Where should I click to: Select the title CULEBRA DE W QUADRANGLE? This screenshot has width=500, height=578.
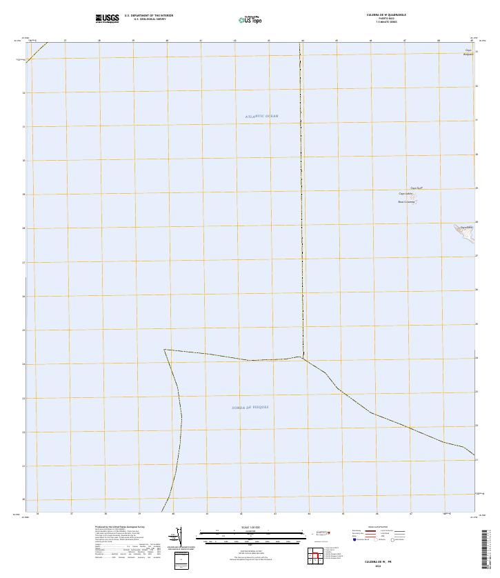click(386, 14)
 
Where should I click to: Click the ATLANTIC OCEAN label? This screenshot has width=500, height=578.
click(261, 117)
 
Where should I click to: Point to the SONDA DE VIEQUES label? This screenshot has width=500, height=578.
click(250, 408)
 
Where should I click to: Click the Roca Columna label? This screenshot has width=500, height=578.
click(405, 202)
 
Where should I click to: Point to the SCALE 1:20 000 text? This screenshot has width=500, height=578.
click(251, 528)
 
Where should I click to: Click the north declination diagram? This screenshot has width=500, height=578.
click(177, 537)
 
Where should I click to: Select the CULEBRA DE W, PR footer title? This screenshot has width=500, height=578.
click(378, 562)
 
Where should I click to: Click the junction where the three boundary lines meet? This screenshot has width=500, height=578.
click(301, 357)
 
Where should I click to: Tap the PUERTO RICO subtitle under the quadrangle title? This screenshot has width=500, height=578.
click(386, 18)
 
